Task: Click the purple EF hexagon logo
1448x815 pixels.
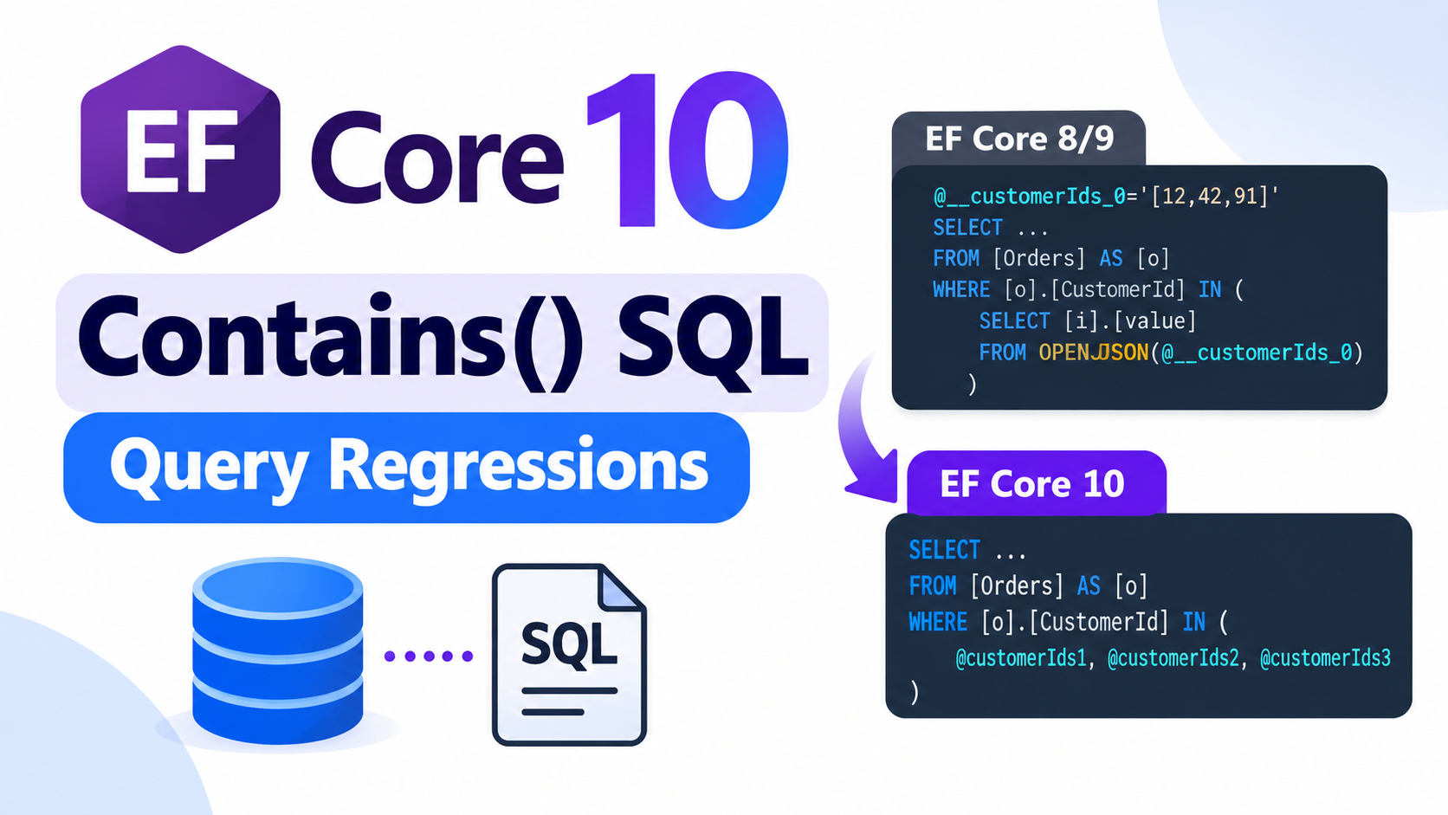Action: point(180,149)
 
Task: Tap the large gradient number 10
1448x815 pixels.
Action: point(687,150)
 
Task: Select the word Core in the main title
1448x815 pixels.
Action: point(437,158)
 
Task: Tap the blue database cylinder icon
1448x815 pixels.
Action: point(278,650)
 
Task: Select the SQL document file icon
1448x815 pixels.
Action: point(570,655)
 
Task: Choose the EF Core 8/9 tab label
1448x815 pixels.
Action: point(1019,139)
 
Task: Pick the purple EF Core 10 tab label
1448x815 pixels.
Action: point(1031,483)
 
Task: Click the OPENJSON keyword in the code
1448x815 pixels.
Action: point(1093,353)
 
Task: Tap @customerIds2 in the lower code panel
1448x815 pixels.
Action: point(1173,658)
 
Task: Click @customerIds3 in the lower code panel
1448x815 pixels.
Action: point(1325,658)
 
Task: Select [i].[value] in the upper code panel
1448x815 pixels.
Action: point(1130,321)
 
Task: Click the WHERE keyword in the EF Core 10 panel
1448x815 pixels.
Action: point(938,623)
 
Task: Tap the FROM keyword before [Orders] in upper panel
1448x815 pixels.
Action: point(956,258)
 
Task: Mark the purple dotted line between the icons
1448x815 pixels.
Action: point(428,656)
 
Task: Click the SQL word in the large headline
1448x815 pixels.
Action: point(713,344)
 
